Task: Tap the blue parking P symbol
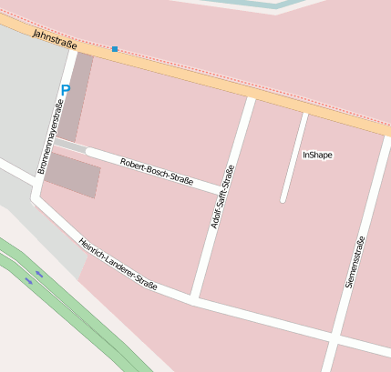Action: pyautogui.click(x=65, y=90)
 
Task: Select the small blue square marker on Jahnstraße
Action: pyautogui.click(x=115, y=48)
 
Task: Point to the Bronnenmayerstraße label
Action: pyautogui.click(x=49, y=142)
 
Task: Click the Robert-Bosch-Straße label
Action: pyautogui.click(x=156, y=170)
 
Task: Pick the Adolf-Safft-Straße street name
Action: pyautogui.click(x=222, y=196)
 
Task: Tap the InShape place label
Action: pyautogui.click(x=318, y=155)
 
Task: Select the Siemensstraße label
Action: pyautogui.click(x=355, y=262)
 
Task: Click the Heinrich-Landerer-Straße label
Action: pyautogui.click(x=118, y=265)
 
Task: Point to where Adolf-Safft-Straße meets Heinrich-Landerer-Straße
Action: pyautogui.click(x=194, y=297)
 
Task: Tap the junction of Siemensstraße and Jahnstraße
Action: pyautogui.click(x=387, y=134)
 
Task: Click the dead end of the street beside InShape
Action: pyautogui.click(x=283, y=199)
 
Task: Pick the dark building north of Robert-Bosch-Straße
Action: pyautogui.click(x=74, y=96)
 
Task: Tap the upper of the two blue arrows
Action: pyautogui.click(x=39, y=273)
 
